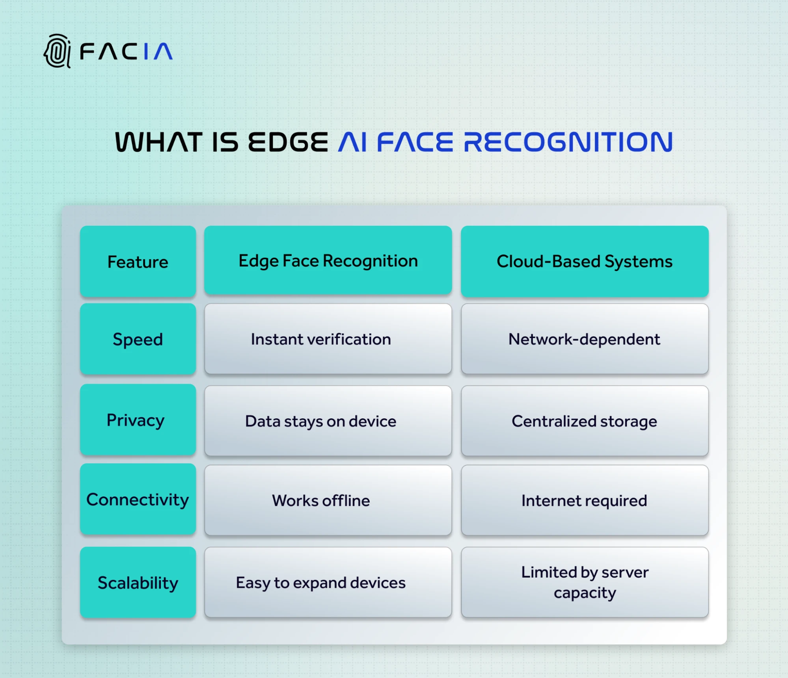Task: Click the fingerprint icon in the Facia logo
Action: [x=58, y=51]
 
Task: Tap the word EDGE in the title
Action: [x=288, y=142]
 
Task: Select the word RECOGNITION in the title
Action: [x=568, y=142]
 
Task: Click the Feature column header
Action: [x=138, y=262]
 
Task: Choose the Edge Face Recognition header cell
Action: [x=328, y=261]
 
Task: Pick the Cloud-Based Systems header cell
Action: [x=584, y=262]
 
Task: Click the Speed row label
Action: [x=138, y=339]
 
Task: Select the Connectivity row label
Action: [x=138, y=500]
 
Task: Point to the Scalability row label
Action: [x=138, y=583]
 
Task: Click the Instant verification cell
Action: [x=328, y=339]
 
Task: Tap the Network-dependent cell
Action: [x=584, y=339]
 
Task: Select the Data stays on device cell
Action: [x=328, y=421]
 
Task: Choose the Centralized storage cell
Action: [x=584, y=421]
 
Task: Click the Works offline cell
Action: [x=328, y=500]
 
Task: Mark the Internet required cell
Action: [x=584, y=500]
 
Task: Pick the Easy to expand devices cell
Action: [x=328, y=583]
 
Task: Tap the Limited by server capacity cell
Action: [x=584, y=582]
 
